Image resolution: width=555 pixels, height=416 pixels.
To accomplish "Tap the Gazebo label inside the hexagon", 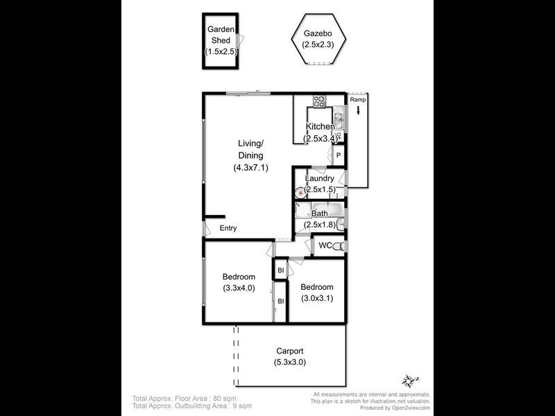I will click(x=318, y=33).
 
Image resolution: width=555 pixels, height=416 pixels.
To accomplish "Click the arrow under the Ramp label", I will click(x=358, y=110).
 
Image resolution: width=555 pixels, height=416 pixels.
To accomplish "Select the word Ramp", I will click(x=358, y=100).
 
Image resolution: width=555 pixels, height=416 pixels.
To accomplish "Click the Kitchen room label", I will click(x=321, y=127).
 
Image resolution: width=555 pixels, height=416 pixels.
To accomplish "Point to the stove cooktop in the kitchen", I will click(x=320, y=101).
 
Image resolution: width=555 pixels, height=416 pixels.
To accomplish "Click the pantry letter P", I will click(x=339, y=156).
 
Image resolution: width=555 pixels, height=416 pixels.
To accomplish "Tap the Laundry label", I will click(x=320, y=178).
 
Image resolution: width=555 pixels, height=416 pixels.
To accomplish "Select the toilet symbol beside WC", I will click(x=339, y=246).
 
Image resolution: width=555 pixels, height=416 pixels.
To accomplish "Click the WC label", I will click(x=325, y=245).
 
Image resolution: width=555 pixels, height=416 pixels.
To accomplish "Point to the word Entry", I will click(x=228, y=228).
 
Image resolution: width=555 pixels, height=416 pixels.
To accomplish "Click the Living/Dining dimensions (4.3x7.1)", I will click(x=250, y=168).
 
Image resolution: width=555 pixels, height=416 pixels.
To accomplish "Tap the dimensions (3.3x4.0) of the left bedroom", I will click(x=239, y=288).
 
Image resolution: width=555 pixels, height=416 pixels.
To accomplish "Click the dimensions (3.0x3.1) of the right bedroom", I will click(x=317, y=299).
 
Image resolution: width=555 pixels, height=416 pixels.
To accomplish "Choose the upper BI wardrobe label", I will click(x=281, y=270).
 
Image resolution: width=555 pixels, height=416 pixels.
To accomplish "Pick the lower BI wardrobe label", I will click(x=281, y=301).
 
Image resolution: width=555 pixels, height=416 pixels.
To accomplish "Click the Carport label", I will click(x=289, y=351).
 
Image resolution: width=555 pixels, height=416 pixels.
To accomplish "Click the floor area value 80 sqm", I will click(x=225, y=399).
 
